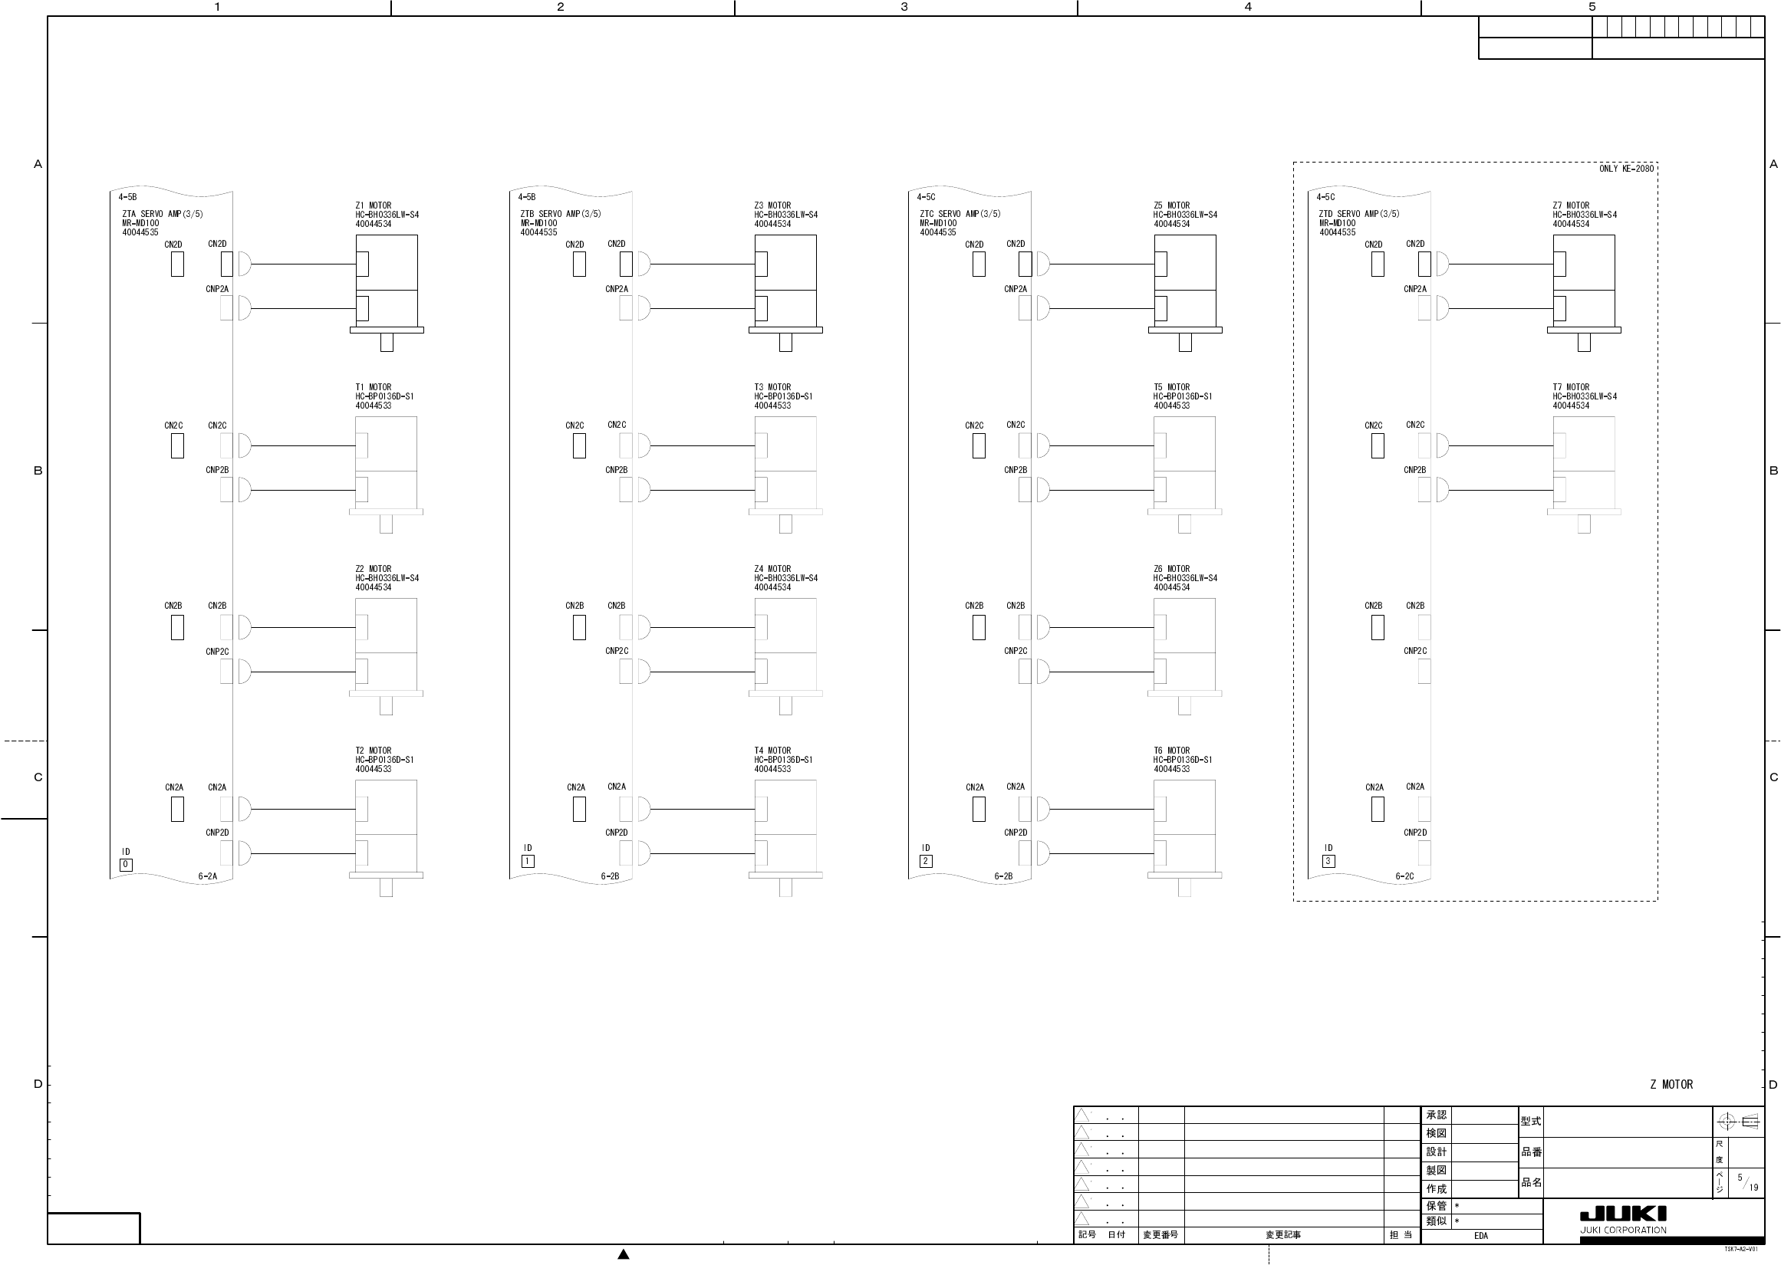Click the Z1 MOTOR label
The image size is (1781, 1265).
374,205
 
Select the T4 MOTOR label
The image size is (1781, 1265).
772,751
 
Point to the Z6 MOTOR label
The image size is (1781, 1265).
1171,569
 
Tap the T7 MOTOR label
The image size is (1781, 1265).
1571,387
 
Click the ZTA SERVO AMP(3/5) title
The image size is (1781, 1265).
162,214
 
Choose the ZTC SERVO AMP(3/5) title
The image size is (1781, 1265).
960,214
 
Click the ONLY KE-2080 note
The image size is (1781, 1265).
1626,169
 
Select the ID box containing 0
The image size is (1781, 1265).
126,865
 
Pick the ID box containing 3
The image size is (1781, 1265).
1328,862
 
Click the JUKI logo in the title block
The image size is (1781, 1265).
1623,1214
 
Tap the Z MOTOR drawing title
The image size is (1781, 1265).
1671,1084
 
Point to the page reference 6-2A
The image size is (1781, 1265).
207,876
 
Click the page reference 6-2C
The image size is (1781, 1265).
1404,876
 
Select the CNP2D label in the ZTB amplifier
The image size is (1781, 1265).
616,833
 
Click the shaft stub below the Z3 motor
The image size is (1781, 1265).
785,342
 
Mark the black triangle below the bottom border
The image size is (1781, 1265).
624,1254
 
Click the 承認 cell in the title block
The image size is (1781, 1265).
1436,1115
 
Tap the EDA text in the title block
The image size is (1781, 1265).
1480,1236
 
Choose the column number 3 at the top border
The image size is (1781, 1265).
904,7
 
